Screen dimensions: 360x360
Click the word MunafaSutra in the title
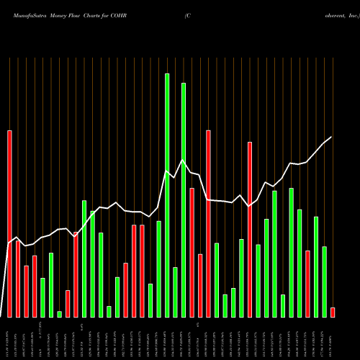(27, 14)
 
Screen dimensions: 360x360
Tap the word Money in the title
(63, 14)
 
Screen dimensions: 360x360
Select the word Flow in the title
(84, 14)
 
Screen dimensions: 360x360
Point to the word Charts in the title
(106, 14)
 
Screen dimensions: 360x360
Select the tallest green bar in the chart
(167, 194)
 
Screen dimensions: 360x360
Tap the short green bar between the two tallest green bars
(175, 292)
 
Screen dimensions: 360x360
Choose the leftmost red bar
(9, 223)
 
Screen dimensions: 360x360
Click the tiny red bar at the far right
(333, 312)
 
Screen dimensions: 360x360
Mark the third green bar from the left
(59, 314)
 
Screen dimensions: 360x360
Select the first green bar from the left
(42, 297)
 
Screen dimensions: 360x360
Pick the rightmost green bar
(324, 282)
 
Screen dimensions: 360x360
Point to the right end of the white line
(332, 137)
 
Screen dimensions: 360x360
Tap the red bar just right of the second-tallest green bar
(192, 252)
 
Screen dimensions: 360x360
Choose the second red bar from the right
(307, 284)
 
